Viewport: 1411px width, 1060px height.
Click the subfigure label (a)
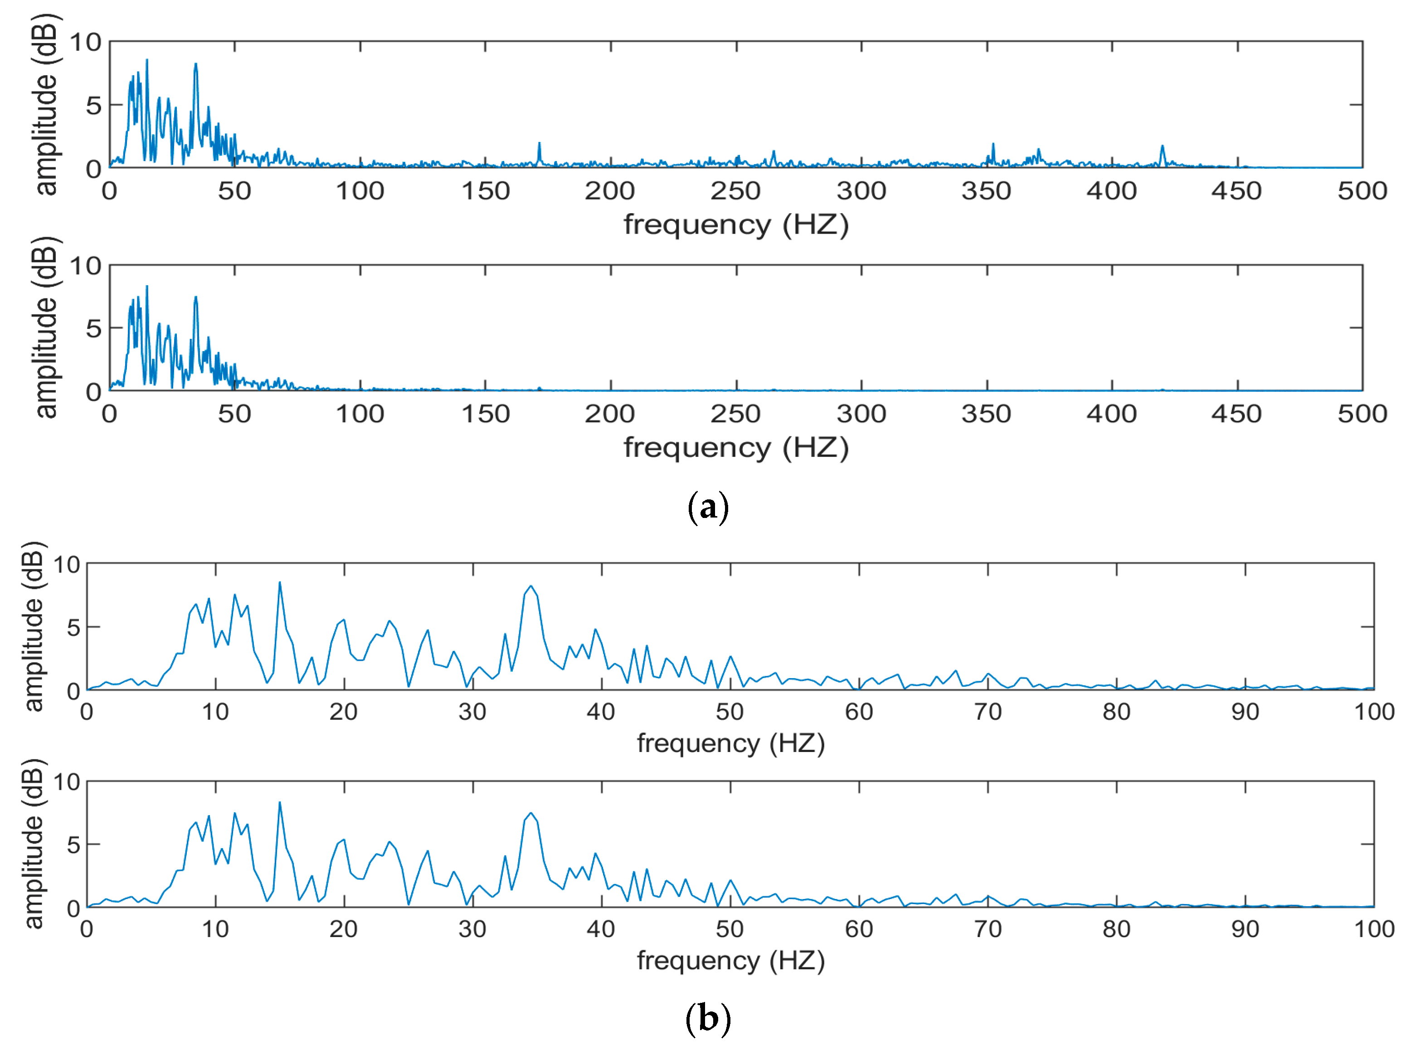(x=707, y=508)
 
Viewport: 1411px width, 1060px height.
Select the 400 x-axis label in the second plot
(x=1111, y=414)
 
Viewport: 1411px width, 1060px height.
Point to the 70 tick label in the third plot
(x=988, y=712)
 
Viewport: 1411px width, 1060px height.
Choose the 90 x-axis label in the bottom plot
(x=1245, y=928)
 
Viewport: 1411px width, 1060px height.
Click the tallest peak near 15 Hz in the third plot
(x=279, y=583)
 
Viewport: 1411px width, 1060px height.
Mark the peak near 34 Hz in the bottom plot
(x=531, y=814)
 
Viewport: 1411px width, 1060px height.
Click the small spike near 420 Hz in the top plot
(x=1162, y=147)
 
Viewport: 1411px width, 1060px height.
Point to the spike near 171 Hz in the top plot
(x=539, y=144)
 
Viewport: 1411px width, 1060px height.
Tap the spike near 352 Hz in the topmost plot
(x=993, y=145)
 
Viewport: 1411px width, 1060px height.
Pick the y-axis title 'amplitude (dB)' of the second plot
(x=46, y=327)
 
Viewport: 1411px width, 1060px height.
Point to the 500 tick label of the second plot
(x=1362, y=414)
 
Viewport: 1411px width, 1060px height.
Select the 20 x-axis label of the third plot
(x=343, y=712)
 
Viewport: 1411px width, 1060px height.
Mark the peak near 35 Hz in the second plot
(x=196, y=298)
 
